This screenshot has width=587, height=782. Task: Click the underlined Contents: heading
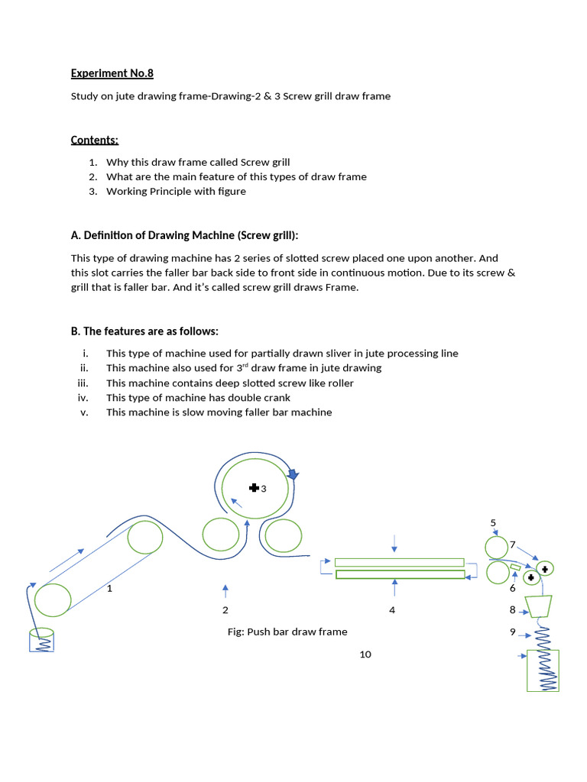(x=95, y=140)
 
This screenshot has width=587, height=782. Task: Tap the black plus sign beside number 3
(x=254, y=488)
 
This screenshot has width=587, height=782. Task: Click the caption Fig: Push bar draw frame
(x=287, y=632)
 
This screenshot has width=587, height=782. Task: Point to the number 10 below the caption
(x=365, y=654)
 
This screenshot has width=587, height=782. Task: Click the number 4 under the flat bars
(x=392, y=610)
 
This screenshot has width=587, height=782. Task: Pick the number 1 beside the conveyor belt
(x=110, y=589)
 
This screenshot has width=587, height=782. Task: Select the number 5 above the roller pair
(x=493, y=522)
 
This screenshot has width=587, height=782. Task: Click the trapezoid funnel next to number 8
(x=540, y=606)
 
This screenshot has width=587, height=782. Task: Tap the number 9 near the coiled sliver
(x=513, y=632)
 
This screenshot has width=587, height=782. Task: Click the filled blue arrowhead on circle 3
(x=292, y=474)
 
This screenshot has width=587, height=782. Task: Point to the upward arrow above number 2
(x=225, y=590)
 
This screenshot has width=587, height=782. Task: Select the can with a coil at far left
(x=42, y=640)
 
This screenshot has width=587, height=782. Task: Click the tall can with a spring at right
(x=543, y=671)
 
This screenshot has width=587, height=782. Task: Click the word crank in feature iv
(x=277, y=398)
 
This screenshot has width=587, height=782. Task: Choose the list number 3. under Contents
(x=92, y=192)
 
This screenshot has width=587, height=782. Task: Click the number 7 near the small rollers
(x=513, y=544)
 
